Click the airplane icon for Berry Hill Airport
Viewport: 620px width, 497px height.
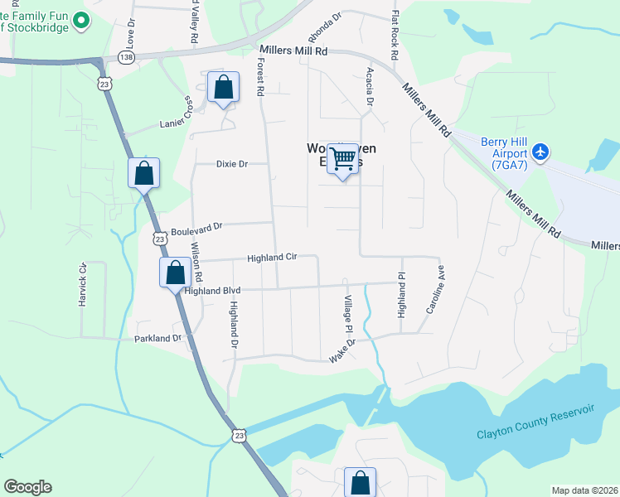(541, 152)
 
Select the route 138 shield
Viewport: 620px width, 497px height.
(125, 56)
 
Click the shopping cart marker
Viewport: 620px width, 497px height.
(343, 158)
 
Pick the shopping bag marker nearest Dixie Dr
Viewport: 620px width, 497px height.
(143, 173)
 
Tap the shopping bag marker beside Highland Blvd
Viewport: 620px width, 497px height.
(175, 272)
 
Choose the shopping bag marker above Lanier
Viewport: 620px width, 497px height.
(223, 86)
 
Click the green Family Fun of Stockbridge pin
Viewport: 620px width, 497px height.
(81, 20)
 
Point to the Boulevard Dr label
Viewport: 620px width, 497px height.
(196, 226)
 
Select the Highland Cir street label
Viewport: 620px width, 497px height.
(271, 258)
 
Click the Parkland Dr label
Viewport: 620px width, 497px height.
(157, 339)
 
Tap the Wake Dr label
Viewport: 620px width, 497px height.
(341, 349)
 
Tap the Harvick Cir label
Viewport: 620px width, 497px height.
(82, 286)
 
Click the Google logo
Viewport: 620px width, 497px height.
(27, 487)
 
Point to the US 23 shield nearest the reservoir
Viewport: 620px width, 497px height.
(240, 435)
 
